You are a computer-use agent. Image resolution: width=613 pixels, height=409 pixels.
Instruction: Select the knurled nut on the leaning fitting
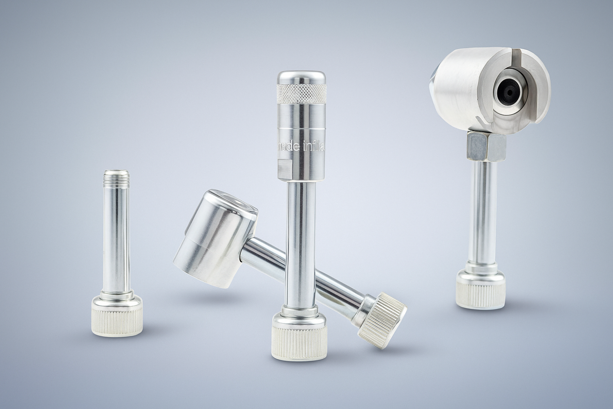[382, 321]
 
